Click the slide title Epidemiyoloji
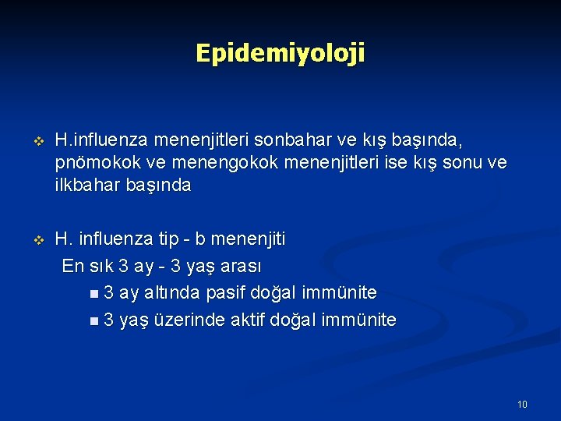pyautogui.click(x=280, y=53)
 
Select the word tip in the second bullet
pyautogui.click(x=169, y=239)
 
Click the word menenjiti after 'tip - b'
pyautogui.click(x=247, y=239)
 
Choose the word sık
pyautogui.click(x=100, y=266)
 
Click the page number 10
pyautogui.click(x=521, y=404)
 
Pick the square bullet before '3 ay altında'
pyautogui.click(x=94, y=294)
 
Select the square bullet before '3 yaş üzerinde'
pyautogui.click(x=94, y=320)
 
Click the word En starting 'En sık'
pyautogui.click(x=72, y=266)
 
